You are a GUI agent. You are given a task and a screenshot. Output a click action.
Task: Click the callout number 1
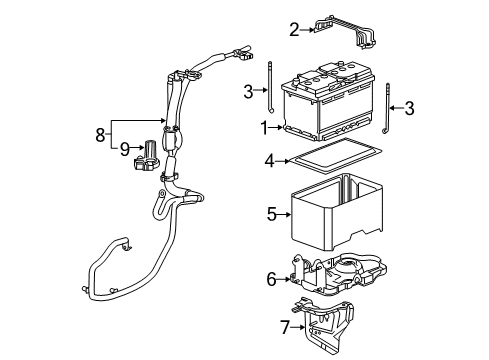pyautogui.click(x=263, y=128)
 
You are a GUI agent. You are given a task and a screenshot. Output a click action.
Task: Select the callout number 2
pyautogui.click(x=294, y=30)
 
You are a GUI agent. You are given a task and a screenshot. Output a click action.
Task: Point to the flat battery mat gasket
pyautogui.click(x=330, y=157)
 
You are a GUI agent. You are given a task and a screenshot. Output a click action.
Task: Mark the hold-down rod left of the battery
pyautogui.click(x=271, y=90)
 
